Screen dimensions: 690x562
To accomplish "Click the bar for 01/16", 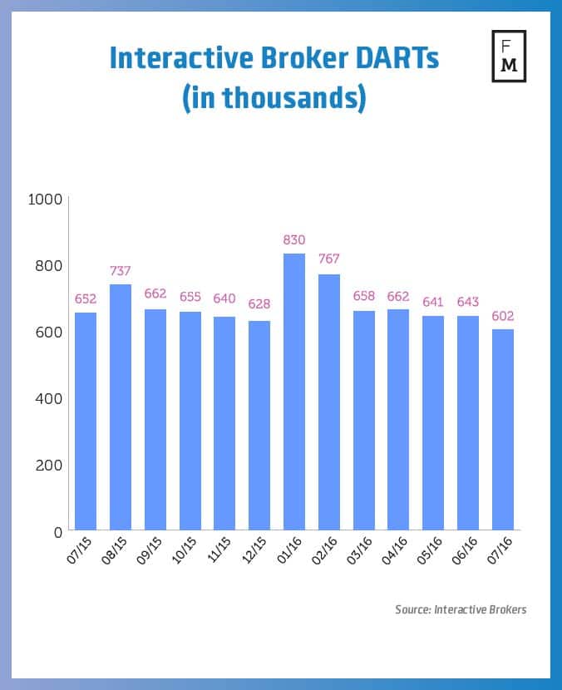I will [293, 392].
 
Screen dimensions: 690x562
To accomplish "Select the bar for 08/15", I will [121, 407].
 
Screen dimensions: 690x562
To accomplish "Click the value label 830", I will [294, 240].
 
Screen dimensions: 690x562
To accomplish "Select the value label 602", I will [502, 315].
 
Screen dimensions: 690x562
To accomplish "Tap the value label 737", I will [121, 270].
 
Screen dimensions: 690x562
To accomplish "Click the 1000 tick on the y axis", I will [45, 199].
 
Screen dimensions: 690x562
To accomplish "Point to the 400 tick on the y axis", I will [49, 398].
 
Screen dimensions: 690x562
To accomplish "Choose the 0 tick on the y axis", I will [57, 531].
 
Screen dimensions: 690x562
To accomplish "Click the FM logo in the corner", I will [509, 57].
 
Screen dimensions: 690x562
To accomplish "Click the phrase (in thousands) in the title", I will [274, 96].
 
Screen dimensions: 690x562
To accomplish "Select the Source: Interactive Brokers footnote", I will [461, 609].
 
